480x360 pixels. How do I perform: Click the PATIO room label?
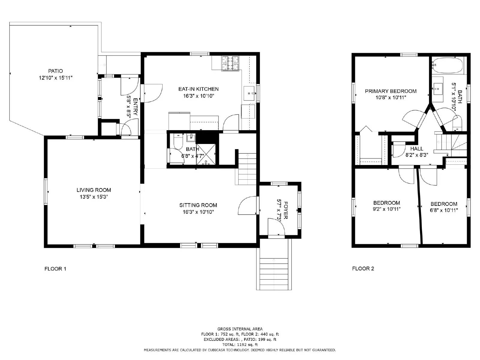coord(55,71)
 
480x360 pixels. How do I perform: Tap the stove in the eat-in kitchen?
coord(230,63)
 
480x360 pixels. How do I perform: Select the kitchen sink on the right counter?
coord(249,93)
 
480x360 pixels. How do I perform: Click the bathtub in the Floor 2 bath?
coord(447,65)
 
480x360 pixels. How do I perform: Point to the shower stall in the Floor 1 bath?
coord(206,154)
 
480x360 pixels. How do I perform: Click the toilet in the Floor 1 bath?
coord(178,141)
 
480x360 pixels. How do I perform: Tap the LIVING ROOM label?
coord(94,190)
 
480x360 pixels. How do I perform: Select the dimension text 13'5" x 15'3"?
coord(94,197)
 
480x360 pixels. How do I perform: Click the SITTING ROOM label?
coord(198,205)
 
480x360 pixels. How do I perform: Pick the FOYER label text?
coord(286,210)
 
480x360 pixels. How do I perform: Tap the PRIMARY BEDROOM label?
coord(391,91)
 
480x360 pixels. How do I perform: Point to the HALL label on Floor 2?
coord(417,149)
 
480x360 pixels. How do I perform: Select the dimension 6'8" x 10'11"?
coord(444,210)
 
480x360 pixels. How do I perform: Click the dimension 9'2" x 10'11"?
coord(386,209)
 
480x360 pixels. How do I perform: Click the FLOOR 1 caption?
coord(55,269)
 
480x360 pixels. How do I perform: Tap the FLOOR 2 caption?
coord(363,268)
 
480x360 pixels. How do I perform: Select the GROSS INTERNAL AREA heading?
coord(240,329)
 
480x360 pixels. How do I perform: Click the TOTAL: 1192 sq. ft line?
coord(240,345)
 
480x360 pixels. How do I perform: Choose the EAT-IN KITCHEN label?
coord(198,89)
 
